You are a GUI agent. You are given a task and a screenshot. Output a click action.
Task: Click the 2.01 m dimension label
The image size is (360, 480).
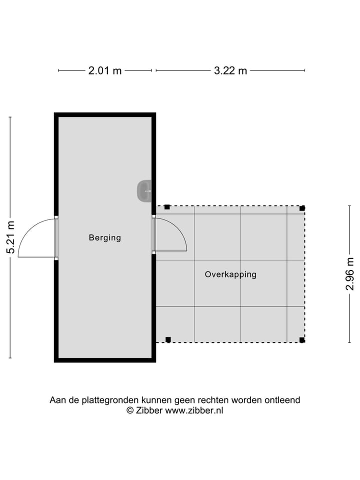tap(105, 70)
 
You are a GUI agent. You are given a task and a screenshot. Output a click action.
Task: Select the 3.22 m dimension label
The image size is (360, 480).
tap(230, 70)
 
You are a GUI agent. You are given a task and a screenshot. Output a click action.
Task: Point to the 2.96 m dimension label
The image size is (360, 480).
tap(350, 273)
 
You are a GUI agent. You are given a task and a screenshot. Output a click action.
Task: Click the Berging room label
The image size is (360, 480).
tap(105, 237)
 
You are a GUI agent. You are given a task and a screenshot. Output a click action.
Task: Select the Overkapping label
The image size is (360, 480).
tap(230, 274)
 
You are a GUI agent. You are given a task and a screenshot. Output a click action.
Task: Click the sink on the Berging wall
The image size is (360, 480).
tap(144, 191)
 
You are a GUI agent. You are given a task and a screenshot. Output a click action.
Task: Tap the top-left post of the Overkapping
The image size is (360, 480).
tap(167, 207)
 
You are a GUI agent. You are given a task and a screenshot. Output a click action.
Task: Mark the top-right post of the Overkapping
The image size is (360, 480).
tap(302, 208)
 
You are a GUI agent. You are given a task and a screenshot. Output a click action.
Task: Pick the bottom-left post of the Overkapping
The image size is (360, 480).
tap(168, 339)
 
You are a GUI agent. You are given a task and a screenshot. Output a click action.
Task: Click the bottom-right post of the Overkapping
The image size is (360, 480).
tap(302, 340)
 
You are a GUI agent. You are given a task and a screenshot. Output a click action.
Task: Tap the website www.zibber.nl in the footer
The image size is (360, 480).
tap(194, 410)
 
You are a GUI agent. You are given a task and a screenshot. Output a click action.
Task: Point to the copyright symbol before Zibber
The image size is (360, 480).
tap(130, 410)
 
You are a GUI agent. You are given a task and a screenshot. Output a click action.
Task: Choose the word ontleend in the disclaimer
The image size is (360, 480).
tap(283, 400)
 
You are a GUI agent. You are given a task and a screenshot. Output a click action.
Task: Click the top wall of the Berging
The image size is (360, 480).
tap(105, 114)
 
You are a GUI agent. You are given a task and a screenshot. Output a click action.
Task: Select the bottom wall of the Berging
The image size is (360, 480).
tap(105, 359)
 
